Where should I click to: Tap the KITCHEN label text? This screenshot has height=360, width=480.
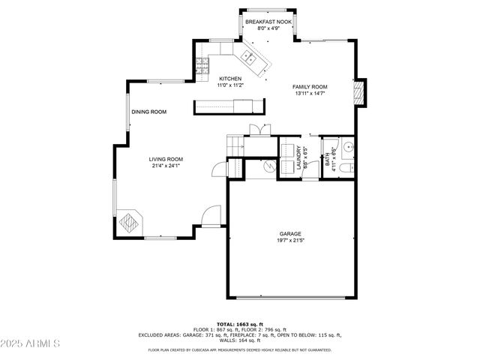pos(229,79)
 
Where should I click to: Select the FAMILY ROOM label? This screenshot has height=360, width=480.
pos(310,87)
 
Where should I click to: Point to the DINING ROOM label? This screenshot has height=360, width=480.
pos(148,112)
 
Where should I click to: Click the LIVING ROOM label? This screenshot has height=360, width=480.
pos(165,159)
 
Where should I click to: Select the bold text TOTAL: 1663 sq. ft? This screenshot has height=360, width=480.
pos(239,323)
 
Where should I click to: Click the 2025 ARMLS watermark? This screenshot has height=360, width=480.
pos(31,343)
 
